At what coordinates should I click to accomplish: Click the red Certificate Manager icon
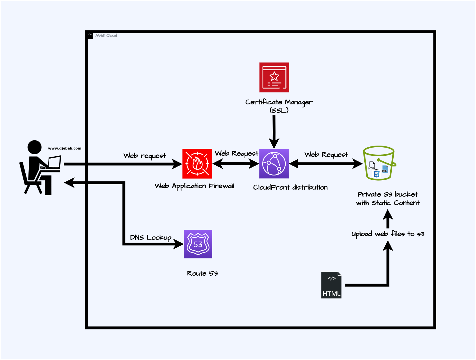tap(274, 77)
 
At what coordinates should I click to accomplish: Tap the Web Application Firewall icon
tap(197, 164)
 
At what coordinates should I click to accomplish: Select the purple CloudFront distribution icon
tap(274, 164)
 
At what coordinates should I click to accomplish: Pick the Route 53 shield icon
tap(198, 244)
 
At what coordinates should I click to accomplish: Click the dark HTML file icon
tap(331, 285)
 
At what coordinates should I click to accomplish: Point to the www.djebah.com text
tap(65, 148)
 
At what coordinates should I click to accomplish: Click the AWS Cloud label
tap(106, 36)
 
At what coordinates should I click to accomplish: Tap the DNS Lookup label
tap(151, 238)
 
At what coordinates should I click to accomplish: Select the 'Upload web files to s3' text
tap(388, 234)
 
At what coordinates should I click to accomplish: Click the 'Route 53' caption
tap(202, 273)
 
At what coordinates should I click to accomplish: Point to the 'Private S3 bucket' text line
tap(387, 194)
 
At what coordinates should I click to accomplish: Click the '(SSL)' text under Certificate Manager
tap(279, 110)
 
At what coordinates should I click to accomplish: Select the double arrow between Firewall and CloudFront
tap(236, 164)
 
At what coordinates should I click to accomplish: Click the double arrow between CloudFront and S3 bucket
tap(326, 164)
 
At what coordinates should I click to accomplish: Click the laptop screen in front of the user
tap(54, 162)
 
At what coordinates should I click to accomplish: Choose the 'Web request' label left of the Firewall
tap(144, 156)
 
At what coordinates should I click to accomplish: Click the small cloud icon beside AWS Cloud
tap(90, 36)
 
